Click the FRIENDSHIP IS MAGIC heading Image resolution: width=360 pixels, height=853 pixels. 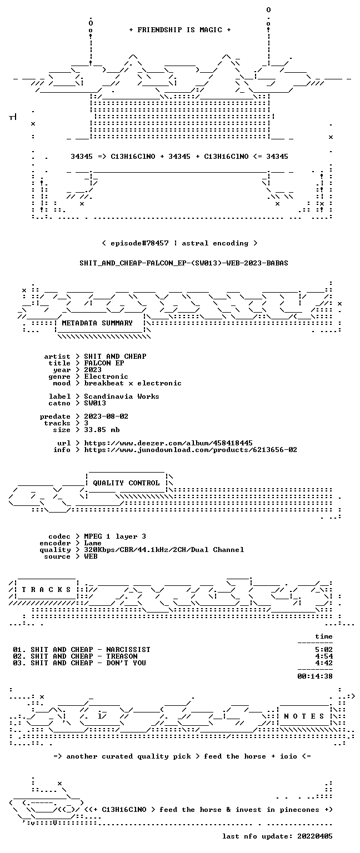180,29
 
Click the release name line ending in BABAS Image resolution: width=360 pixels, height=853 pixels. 184,263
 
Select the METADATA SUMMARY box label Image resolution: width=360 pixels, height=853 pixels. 97,323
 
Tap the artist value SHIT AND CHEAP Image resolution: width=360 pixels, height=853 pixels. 115,357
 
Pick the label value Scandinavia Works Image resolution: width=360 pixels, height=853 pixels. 122,397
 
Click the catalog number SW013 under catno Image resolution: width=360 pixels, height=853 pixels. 95,403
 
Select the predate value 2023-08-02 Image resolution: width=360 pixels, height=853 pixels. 106,416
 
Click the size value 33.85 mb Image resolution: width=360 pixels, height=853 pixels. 102,429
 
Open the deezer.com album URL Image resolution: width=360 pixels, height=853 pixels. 168,443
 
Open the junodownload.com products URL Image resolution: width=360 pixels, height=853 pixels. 191,450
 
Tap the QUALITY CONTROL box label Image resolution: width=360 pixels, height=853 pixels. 126,483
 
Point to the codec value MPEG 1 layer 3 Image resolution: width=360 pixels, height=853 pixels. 115,536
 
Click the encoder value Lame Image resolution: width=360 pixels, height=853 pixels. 93,543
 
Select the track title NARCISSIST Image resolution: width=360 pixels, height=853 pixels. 128,649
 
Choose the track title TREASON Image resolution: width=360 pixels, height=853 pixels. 122,656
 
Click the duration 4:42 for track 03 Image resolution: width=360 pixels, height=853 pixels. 324,663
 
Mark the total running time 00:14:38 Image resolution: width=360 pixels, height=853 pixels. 315,676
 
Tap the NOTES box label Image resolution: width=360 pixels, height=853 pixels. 304,716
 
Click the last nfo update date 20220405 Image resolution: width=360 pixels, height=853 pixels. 315,836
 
